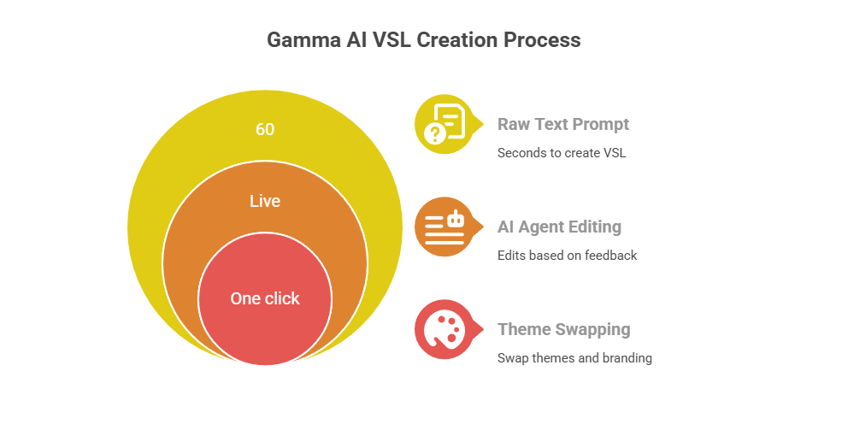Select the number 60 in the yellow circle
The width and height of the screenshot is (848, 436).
pos(265,130)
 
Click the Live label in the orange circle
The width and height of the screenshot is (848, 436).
pos(265,202)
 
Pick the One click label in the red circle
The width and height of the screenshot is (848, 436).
pos(265,298)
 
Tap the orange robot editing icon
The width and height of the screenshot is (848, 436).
pos(445,227)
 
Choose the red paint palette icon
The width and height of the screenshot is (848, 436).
pos(445,329)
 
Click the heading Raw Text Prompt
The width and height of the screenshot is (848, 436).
pos(563,124)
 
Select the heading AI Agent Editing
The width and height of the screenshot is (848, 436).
pos(559,227)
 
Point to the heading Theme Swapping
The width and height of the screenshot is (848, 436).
pos(563,329)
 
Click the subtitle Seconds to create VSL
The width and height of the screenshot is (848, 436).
pos(562,153)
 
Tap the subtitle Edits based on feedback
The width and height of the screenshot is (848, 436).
pos(567,255)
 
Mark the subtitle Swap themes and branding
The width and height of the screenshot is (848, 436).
pos(574,357)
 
